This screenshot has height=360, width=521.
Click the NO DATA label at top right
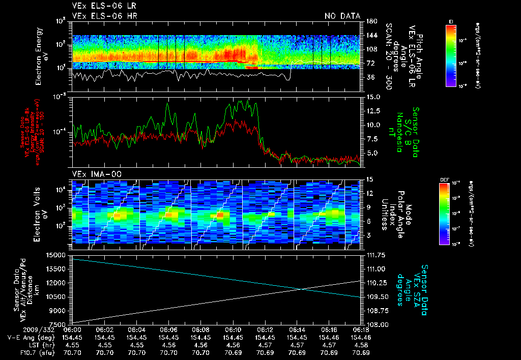coord(342,16)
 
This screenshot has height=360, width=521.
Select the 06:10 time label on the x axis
coord(233,329)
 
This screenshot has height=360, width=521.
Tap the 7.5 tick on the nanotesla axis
coord(372,139)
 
